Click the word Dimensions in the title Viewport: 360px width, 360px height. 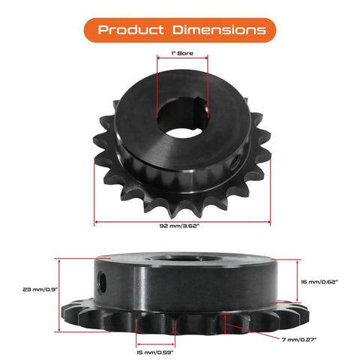(217, 30)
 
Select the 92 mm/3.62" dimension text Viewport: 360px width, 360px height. (182, 232)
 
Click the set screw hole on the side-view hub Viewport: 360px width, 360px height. (102, 279)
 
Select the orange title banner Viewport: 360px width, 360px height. (180, 30)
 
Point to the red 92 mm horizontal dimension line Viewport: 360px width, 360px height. (182, 222)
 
